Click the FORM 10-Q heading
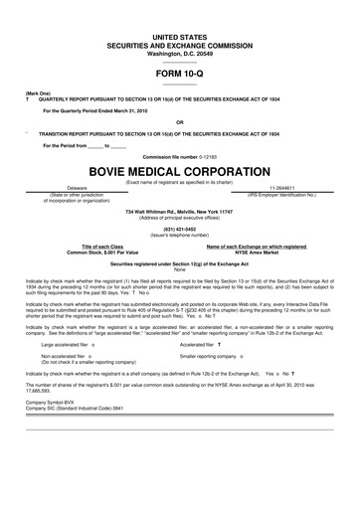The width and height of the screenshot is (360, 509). (180, 73)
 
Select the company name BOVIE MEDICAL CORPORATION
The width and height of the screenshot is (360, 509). (180, 170)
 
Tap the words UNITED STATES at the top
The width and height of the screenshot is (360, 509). (180, 35)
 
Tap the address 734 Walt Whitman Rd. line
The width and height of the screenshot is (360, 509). (180, 213)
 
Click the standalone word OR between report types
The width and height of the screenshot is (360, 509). (180, 124)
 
